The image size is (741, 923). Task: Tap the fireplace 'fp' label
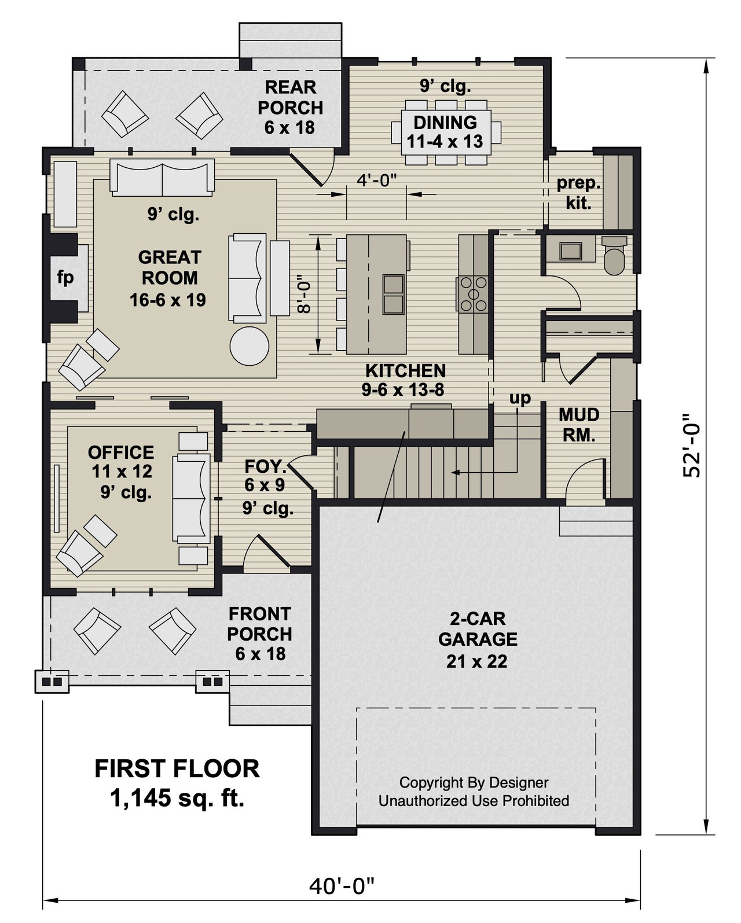coord(65,277)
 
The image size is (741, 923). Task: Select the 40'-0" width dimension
coord(342,885)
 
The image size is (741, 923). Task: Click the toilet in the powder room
coord(615,255)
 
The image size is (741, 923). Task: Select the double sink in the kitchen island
coord(394,294)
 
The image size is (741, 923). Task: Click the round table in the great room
coord(249,346)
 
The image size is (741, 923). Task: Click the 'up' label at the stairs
coord(520,398)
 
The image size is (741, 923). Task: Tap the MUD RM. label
coord(579,425)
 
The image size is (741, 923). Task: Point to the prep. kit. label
coord(578,193)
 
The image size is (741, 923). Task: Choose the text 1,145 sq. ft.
coord(177,799)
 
